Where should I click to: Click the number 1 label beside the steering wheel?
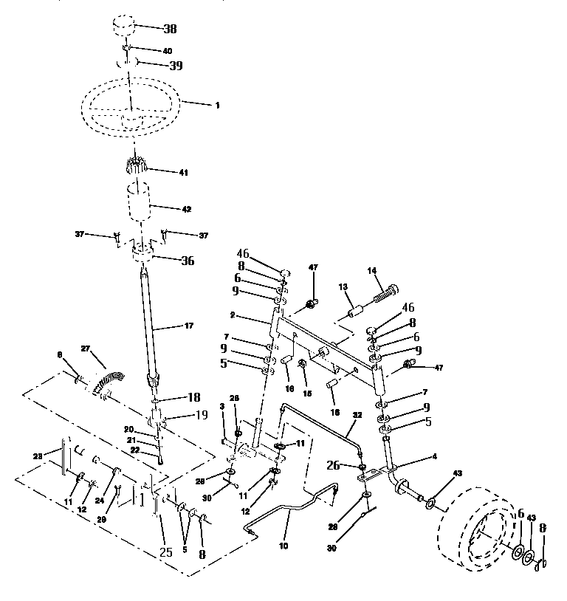[217, 106]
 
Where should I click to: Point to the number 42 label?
[186, 210]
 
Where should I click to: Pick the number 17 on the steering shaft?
[190, 326]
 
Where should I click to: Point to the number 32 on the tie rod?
[357, 416]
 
